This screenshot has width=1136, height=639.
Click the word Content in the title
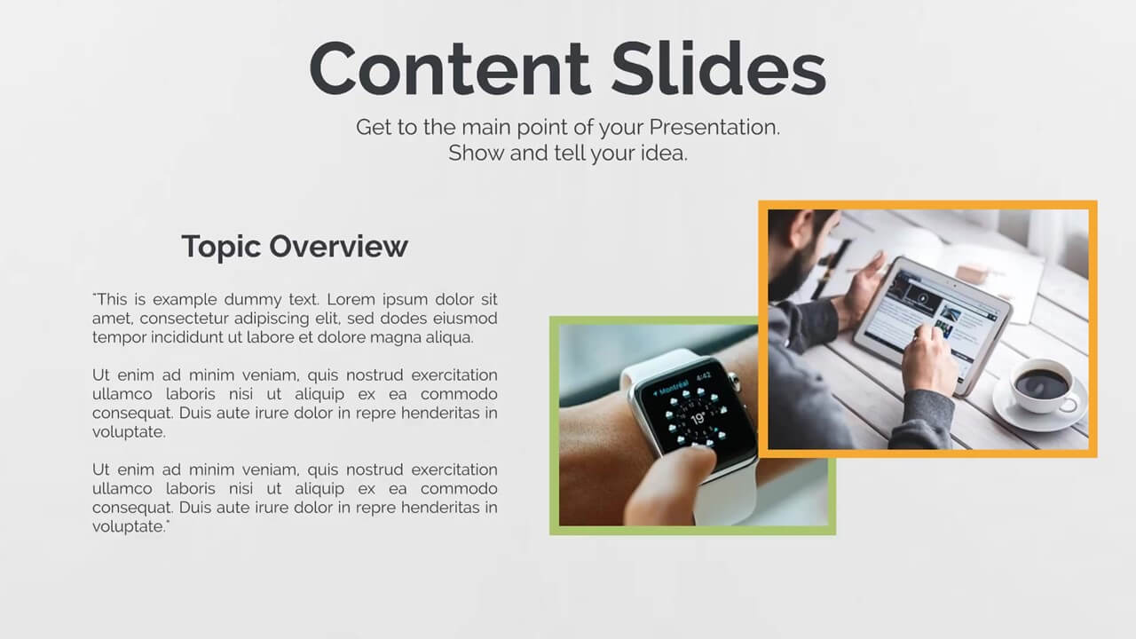pos(449,68)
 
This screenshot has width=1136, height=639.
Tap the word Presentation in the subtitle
pos(714,127)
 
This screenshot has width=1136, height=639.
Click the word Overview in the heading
pos(338,247)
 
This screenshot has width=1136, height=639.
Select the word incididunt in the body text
pos(186,337)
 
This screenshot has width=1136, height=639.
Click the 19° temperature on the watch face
pos(698,419)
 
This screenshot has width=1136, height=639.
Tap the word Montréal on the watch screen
pos(674,388)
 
